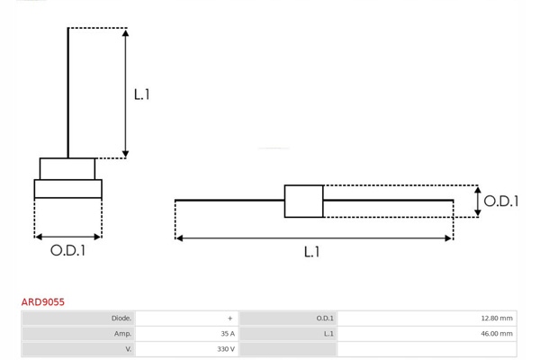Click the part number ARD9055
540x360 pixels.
(43, 302)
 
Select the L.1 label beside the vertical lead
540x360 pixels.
(141, 94)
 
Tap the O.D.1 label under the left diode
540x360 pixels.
(67, 251)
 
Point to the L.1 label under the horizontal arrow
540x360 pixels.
(311, 252)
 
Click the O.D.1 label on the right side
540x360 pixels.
(500, 202)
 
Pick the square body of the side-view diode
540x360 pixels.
(303, 201)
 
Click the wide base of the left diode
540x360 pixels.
(67, 189)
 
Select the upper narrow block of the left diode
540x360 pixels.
(67, 169)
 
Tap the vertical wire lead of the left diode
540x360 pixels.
(68, 90)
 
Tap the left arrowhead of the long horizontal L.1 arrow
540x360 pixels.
(179, 238)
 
